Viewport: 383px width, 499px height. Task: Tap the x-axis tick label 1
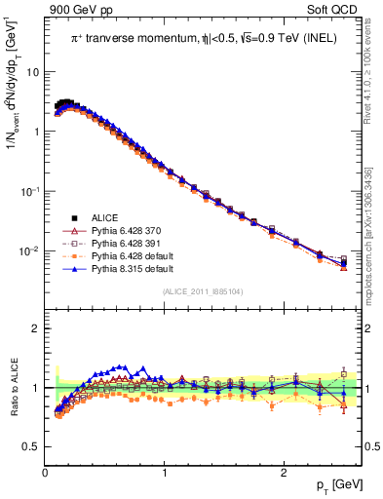(x=165, y=473)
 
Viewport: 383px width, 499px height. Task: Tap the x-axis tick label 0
(x=46, y=473)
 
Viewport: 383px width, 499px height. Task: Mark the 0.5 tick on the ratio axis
(x=32, y=447)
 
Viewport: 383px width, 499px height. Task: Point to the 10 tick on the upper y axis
(x=31, y=72)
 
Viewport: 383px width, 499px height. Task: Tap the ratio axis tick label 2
(x=35, y=328)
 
